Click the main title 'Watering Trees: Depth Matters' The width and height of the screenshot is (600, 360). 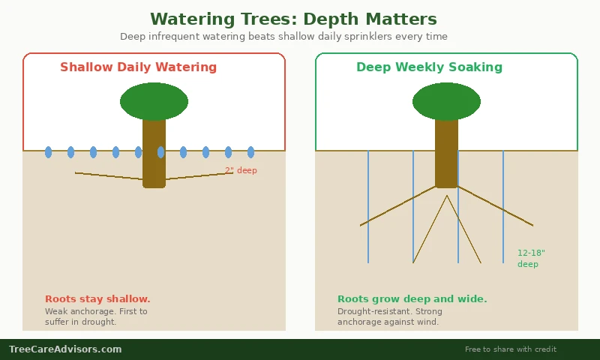[x=293, y=19]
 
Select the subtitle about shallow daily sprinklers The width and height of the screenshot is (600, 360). [x=283, y=37]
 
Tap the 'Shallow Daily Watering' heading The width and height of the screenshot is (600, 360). [x=138, y=67]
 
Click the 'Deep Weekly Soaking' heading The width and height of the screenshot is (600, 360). [x=429, y=67]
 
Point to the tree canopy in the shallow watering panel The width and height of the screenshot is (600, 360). [x=154, y=101]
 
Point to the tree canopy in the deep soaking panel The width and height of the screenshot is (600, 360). [x=446, y=101]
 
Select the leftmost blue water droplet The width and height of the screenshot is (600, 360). [x=49, y=152]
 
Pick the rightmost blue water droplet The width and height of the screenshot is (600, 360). [x=250, y=152]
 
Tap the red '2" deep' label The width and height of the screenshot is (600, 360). [x=241, y=171]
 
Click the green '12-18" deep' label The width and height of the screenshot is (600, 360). [x=531, y=259]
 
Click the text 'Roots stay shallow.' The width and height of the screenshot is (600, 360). [x=97, y=299]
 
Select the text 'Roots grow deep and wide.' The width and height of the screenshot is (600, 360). [x=412, y=299]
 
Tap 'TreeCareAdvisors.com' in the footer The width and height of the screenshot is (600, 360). [x=65, y=349]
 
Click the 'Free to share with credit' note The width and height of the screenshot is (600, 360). [x=510, y=349]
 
